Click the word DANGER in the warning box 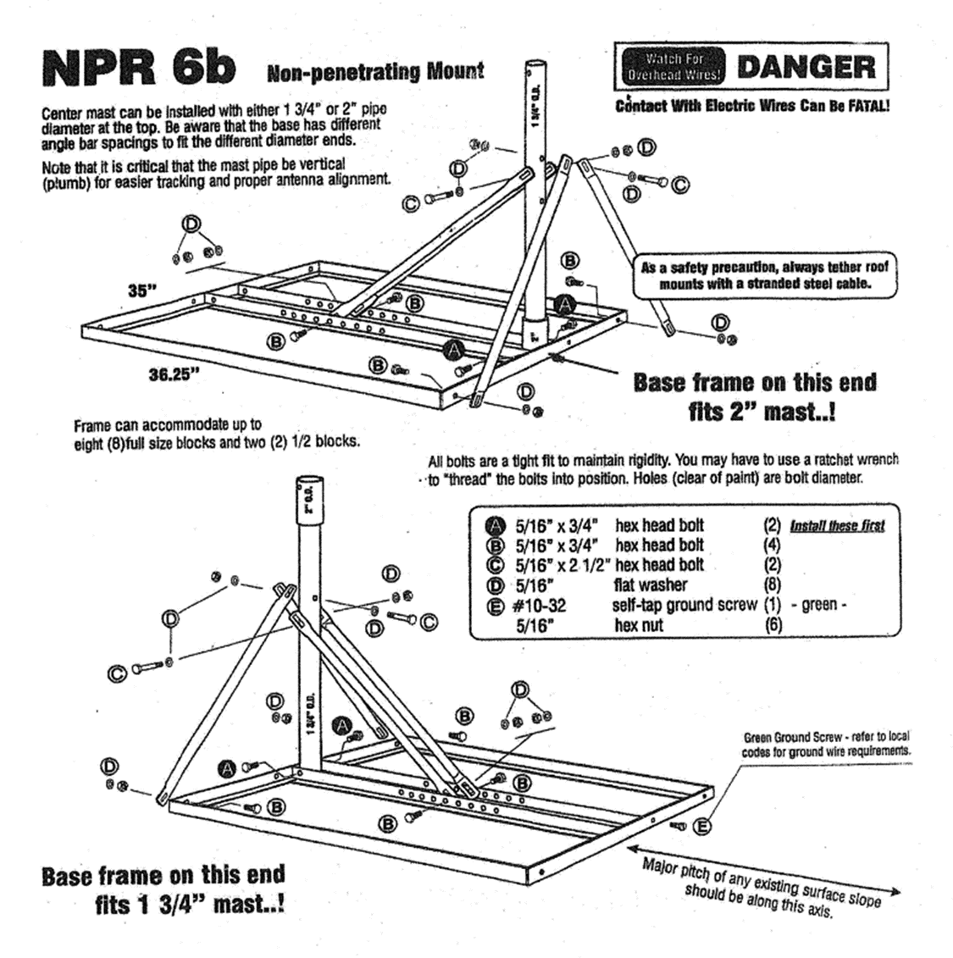(x=806, y=66)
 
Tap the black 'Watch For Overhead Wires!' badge (x=673, y=66)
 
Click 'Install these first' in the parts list (x=837, y=526)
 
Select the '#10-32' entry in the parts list (x=540, y=606)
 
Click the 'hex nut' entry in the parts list (x=639, y=626)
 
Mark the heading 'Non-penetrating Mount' (x=375, y=72)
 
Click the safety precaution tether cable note (x=764, y=274)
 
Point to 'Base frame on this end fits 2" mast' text (x=755, y=396)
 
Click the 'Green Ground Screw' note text (x=825, y=744)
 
